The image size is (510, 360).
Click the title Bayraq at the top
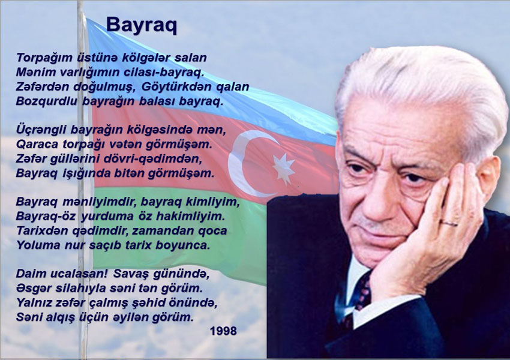pos(142,25)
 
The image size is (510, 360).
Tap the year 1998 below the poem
pos(223,331)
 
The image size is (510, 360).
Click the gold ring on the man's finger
pos(449,223)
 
